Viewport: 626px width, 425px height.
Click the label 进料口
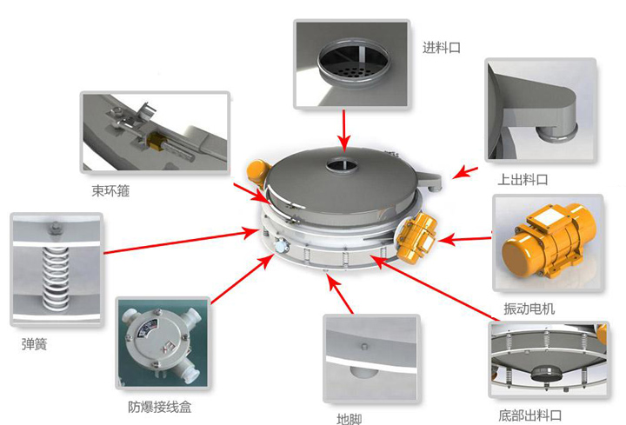point(441,49)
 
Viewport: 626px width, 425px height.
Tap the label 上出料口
point(523,180)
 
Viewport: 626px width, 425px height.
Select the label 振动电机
point(529,309)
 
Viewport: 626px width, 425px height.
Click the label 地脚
point(349,419)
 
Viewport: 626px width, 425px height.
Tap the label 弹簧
point(34,344)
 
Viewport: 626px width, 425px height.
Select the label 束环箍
point(110,190)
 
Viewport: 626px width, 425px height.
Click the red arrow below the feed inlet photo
point(344,130)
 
